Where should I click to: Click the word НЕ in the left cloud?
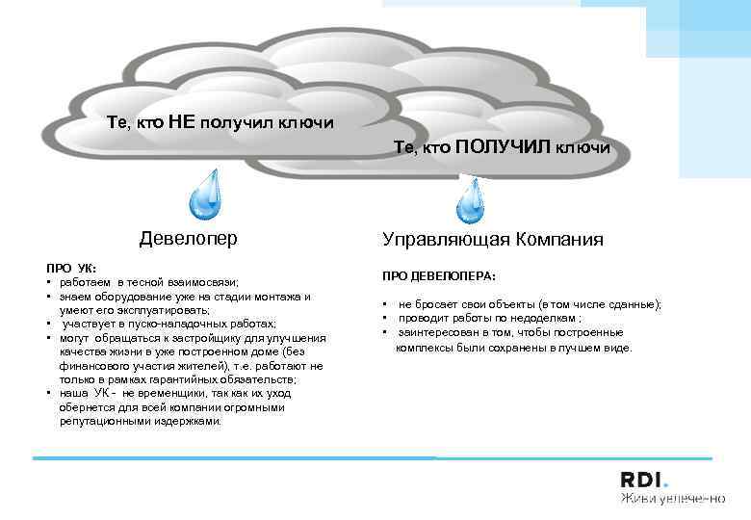point(183,122)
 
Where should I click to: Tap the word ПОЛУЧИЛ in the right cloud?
point(500,146)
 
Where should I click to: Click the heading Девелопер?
point(189,237)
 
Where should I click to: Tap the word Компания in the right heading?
point(559,239)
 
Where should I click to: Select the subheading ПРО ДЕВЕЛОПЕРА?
point(439,275)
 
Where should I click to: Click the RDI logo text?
point(643,481)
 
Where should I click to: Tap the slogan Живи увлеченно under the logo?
point(671,499)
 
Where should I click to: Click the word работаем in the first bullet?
point(85,282)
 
